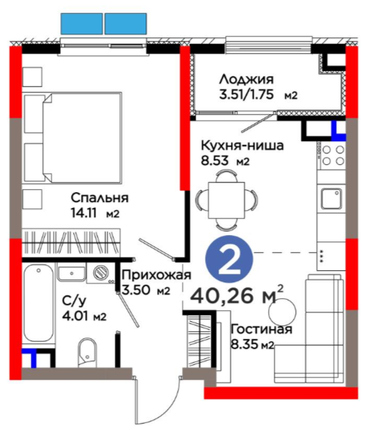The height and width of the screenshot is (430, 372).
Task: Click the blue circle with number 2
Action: (229, 259)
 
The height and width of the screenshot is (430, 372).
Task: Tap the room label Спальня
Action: (100, 198)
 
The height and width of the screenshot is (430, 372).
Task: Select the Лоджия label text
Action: (246, 80)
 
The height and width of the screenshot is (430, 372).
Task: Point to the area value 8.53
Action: (215, 161)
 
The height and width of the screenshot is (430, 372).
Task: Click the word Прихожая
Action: (156, 275)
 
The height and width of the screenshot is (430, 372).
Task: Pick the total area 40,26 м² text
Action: (237, 295)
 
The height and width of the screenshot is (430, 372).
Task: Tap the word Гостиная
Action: (262, 330)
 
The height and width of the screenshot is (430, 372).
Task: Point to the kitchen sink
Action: (331, 199)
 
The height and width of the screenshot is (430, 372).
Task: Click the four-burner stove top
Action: (333, 156)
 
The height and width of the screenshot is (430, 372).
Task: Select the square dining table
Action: (226, 200)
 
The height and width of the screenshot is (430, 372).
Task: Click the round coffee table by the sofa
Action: (282, 312)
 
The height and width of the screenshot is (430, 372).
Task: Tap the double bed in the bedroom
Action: (72, 138)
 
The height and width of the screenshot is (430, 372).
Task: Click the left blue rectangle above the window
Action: (82, 24)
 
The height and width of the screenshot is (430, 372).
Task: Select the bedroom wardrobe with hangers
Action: (71, 242)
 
